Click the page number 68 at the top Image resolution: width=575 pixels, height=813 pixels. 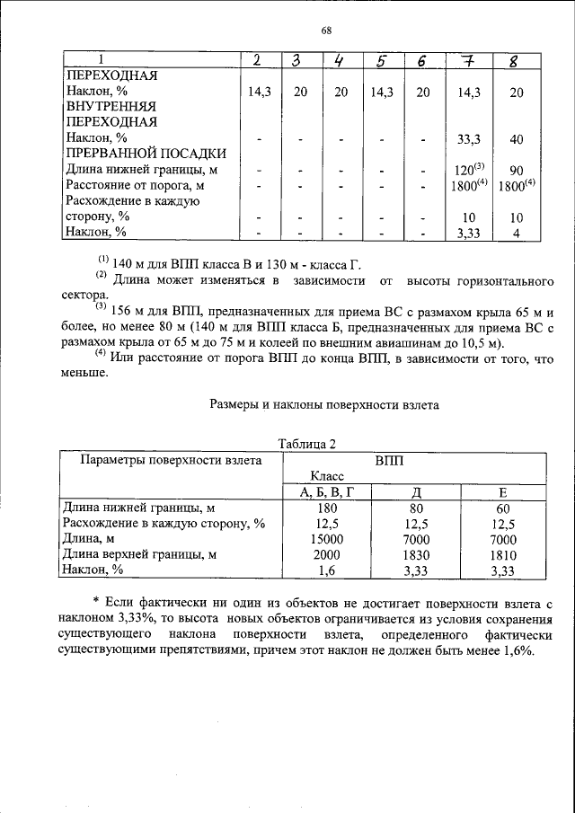327,31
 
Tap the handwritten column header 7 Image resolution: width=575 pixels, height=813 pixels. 466,61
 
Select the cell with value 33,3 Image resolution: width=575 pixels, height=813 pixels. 465,138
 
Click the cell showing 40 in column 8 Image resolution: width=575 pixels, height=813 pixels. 516,138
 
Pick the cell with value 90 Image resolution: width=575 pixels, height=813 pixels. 516,170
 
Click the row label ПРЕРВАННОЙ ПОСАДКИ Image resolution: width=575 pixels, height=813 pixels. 134,154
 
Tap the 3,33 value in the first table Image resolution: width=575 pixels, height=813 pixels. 465,232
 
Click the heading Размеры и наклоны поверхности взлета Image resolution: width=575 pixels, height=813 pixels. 324,405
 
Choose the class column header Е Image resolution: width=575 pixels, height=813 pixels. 503,491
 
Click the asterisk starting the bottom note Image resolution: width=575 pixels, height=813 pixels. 95,599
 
